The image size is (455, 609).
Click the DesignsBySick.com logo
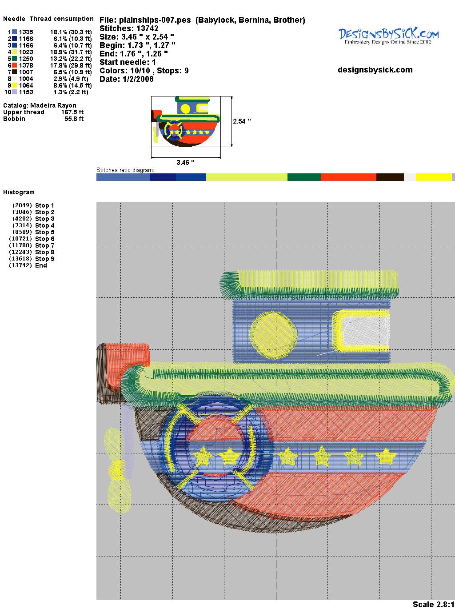point(388,36)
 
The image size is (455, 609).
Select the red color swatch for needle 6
point(14,65)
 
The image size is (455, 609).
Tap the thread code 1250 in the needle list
point(26,59)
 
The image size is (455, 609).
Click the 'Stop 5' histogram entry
point(44,232)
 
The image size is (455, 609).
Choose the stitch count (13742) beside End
point(20,265)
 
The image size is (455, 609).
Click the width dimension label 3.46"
point(185,163)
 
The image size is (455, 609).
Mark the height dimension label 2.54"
point(242,121)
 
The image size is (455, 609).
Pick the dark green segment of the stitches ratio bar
point(304,177)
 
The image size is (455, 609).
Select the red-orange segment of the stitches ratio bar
point(348,177)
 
